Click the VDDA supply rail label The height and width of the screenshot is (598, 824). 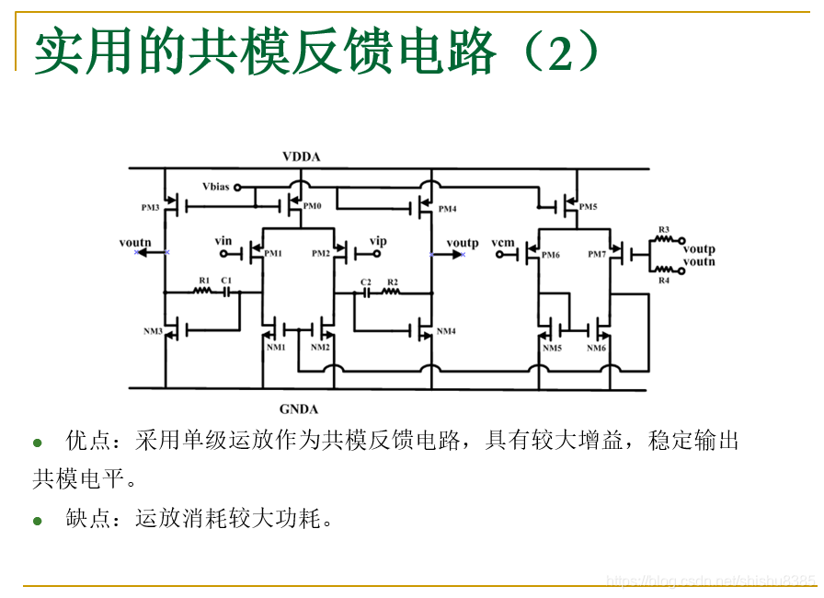(x=301, y=156)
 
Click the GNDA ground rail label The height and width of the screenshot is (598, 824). (x=299, y=408)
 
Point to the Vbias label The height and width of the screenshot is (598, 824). (x=216, y=187)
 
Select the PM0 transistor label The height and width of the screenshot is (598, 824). (x=313, y=206)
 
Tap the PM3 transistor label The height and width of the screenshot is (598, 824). (x=151, y=207)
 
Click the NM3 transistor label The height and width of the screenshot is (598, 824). (x=152, y=331)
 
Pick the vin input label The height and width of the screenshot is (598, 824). (x=223, y=241)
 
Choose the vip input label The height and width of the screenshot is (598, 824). (x=378, y=241)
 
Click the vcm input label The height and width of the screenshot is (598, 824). (x=503, y=242)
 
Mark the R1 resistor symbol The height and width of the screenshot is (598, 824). (x=203, y=292)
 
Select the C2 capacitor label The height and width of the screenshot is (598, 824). (x=365, y=282)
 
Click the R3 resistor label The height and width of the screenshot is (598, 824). (x=663, y=229)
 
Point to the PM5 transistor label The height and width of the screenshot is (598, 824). (x=588, y=207)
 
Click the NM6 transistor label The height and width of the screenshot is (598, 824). (x=597, y=348)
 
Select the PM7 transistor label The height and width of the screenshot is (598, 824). (x=597, y=254)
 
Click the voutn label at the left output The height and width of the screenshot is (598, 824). (x=134, y=242)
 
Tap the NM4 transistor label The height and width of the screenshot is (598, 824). (x=446, y=331)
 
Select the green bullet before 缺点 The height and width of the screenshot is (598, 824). (x=38, y=521)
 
